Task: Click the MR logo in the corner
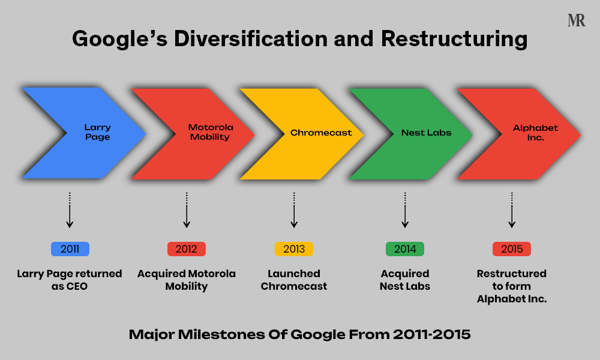pyautogui.click(x=576, y=20)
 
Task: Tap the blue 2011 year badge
pyautogui.click(x=70, y=249)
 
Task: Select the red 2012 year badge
pyautogui.click(x=187, y=249)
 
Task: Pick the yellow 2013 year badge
pyautogui.click(x=294, y=249)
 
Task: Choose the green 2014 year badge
pyautogui.click(x=405, y=249)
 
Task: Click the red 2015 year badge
pyautogui.click(x=512, y=249)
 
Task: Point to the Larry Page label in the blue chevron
pyautogui.click(x=97, y=133)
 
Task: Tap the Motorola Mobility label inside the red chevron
pyautogui.click(x=210, y=133)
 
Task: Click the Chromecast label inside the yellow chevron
pyautogui.click(x=321, y=133)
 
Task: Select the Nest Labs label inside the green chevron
pyautogui.click(x=427, y=133)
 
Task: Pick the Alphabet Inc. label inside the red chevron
pyautogui.click(x=535, y=133)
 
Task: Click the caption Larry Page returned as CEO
pyautogui.click(x=70, y=280)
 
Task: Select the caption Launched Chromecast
pyautogui.click(x=294, y=280)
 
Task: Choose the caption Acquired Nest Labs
pyautogui.click(x=405, y=280)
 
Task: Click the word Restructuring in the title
pyautogui.click(x=454, y=40)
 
